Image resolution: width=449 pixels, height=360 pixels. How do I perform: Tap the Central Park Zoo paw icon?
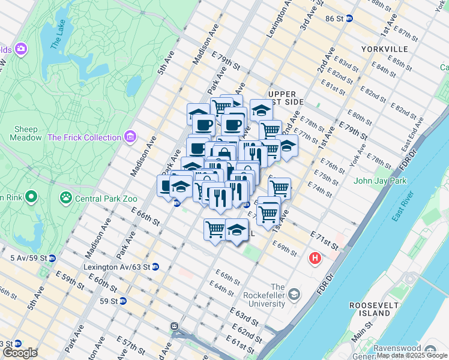[x=64, y=197]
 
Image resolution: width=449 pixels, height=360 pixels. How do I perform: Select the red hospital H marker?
[x=314, y=259]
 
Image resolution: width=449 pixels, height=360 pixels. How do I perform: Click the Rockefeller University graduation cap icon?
[x=294, y=294]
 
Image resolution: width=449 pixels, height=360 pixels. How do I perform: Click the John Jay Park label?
[x=380, y=181]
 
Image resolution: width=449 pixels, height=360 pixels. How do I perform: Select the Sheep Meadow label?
[x=26, y=133]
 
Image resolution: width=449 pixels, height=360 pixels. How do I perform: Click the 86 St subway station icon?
[x=349, y=19]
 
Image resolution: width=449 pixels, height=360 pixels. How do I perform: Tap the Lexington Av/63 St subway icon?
[x=155, y=267]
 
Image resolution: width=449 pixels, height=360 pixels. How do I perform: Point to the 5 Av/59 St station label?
[x=24, y=258]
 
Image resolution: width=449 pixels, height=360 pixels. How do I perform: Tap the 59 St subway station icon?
[x=123, y=301]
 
